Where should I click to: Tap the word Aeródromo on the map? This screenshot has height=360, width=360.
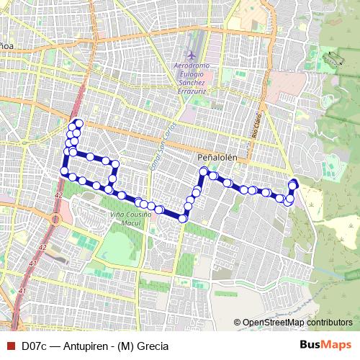(194, 67)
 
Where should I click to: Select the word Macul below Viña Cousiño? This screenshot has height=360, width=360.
(127, 223)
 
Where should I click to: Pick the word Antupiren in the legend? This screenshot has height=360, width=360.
(86, 346)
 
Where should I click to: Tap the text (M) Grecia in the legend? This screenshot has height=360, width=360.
(144, 346)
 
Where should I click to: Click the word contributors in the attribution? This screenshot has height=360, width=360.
(330, 323)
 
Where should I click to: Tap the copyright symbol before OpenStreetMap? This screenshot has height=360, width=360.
(238, 323)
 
